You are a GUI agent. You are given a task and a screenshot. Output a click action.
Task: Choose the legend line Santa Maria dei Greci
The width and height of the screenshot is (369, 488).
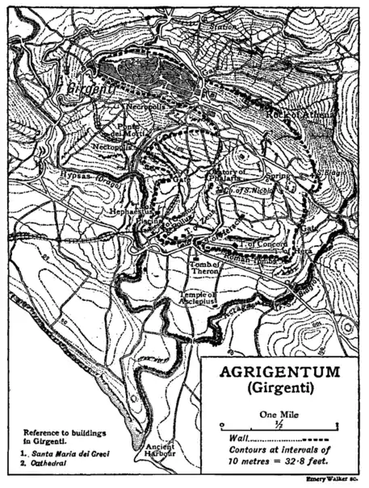(69, 453)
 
